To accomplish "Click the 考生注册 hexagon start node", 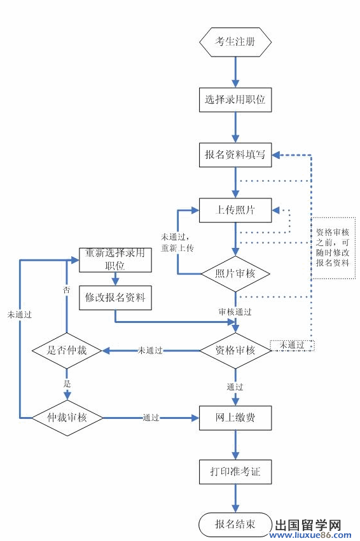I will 235,42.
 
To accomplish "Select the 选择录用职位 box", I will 235,99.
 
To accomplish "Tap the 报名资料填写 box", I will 235,154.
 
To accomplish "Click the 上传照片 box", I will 235,210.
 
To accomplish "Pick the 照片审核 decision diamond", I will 235,273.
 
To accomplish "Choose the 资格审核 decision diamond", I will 235,350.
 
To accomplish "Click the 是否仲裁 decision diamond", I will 67,350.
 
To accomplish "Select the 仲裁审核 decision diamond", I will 67,418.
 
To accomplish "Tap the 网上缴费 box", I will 235,418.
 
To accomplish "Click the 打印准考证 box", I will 235,472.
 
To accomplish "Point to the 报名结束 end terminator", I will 235,524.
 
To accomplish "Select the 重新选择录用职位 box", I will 115,259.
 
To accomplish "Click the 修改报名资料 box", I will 115,297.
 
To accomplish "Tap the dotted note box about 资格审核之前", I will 333,247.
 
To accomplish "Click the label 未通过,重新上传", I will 177,242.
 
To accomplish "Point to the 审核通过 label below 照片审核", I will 235,312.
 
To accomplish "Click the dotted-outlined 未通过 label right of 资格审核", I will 292,345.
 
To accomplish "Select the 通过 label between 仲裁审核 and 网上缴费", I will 151,418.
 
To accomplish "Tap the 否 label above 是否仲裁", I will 66,289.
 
